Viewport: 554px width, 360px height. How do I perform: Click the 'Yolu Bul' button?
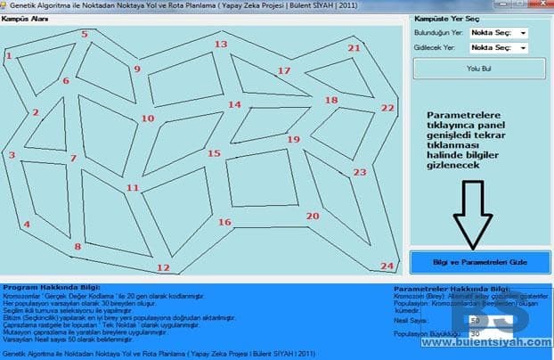point(479,68)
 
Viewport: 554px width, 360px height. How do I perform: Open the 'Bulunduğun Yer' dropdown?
point(498,33)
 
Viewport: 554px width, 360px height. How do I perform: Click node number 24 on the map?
point(386,266)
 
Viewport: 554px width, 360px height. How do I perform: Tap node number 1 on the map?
point(8,55)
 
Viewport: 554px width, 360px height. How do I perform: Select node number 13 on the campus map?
point(221,44)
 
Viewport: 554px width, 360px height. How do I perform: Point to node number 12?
point(162,267)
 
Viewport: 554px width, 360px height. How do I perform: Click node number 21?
point(354,48)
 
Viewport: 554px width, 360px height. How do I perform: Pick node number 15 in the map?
point(214,153)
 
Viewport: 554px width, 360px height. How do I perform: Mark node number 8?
point(77,247)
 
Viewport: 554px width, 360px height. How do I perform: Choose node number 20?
point(312,216)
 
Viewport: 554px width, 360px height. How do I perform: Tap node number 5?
point(85,34)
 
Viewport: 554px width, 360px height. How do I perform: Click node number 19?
point(293,139)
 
